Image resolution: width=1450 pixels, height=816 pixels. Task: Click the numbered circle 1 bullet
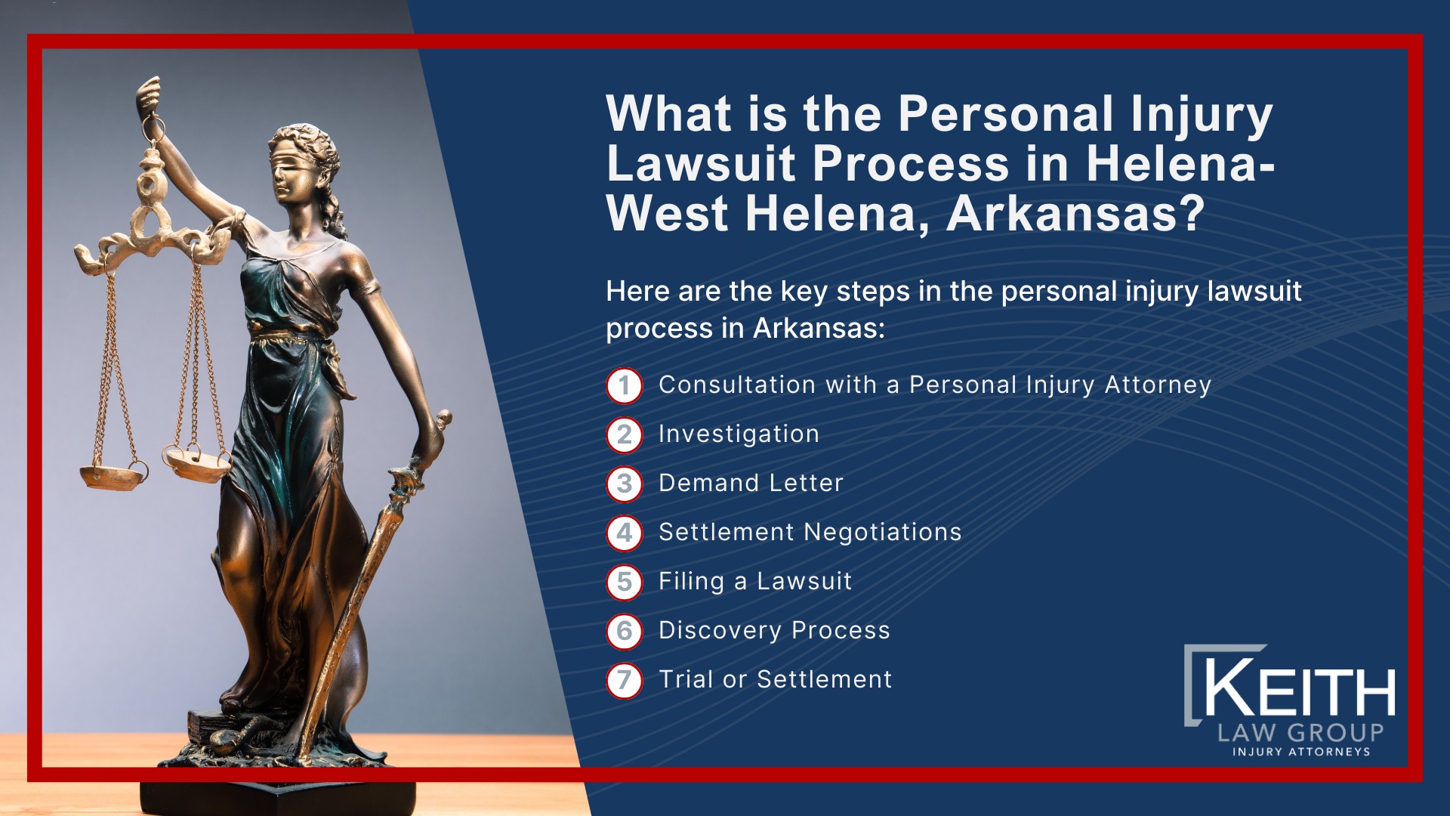pos(624,385)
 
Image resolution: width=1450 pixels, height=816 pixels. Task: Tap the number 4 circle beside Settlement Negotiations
pos(624,533)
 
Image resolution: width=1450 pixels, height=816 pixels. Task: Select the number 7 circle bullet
pos(624,680)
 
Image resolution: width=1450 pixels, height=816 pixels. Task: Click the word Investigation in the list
pos(739,434)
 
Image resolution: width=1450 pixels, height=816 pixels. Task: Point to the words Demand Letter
pos(751,483)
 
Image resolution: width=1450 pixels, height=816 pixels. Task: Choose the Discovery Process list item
pos(774,630)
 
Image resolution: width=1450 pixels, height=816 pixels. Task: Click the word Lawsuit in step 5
pos(804,581)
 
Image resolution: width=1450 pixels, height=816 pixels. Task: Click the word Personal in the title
pos(1005,114)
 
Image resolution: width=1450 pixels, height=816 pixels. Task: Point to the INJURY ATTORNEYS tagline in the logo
pos(1301,752)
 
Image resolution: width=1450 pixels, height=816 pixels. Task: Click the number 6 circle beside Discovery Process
pos(624,631)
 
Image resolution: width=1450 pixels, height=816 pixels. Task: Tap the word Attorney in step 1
pos(1158,385)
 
